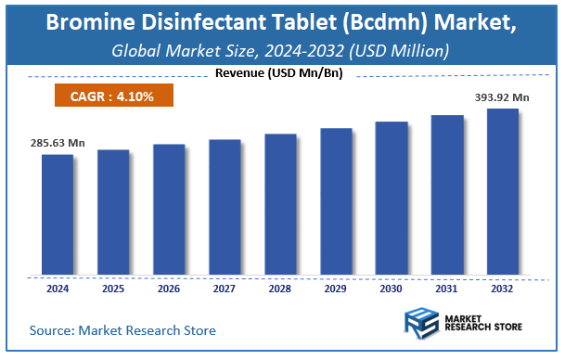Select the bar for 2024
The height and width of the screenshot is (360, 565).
click(58, 214)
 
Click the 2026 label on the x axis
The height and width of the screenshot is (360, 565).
click(169, 288)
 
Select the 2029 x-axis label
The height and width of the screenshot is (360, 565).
click(336, 288)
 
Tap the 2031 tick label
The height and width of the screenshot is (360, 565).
click(447, 288)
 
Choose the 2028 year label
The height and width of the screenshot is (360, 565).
click(280, 288)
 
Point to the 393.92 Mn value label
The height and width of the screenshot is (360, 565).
click(502, 97)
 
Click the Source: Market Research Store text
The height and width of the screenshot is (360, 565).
click(122, 329)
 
